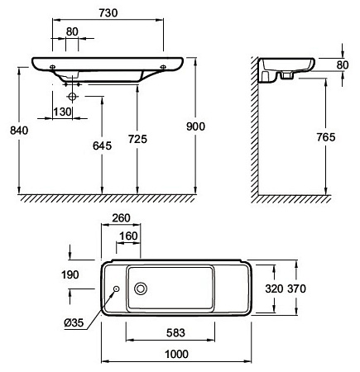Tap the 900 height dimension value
195,126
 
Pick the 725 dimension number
137,141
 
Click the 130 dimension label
60,112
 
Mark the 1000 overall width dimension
175,355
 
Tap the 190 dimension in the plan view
71,274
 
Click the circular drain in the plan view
142,289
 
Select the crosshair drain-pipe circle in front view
74,97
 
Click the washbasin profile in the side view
286,67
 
